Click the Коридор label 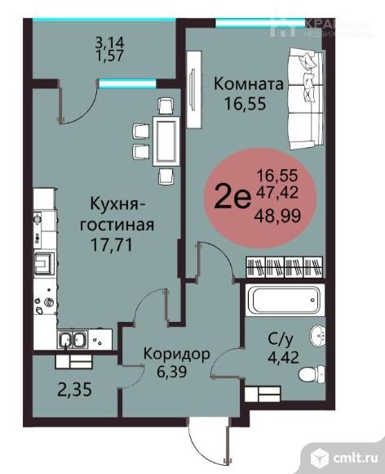pos(176,354)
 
